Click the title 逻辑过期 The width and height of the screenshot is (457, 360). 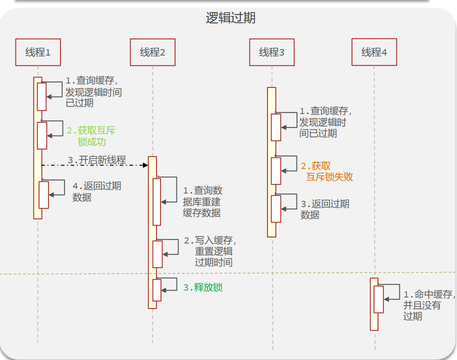click(x=230, y=18)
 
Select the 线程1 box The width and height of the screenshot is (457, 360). click(x=38, y=52)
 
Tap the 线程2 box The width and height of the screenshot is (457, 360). click(x=152, y=52)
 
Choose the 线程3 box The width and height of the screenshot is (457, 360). click(x=271, y=52)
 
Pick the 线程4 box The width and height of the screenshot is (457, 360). click(x=374, y=52)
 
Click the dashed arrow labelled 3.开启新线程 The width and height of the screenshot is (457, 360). click(x=95, y=164)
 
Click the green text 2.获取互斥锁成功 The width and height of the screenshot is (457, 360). click(x=91, y=136)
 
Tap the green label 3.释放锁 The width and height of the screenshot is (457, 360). click(x=202, y=287)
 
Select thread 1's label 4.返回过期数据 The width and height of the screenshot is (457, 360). click(x=96, y=191)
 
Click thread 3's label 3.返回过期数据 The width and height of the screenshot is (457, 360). click(x=324, y=209)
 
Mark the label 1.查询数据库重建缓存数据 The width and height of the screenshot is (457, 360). click(x=202, y=201)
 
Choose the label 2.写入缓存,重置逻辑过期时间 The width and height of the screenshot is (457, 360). click(x=209, y=251)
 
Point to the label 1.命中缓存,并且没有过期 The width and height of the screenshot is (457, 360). click(x=429, y=305)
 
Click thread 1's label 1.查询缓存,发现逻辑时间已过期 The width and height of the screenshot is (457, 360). click(x=93, y=92)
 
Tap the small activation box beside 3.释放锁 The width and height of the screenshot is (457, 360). click(x=157, y=290)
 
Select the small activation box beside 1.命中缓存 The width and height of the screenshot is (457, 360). click(x=378, y=299)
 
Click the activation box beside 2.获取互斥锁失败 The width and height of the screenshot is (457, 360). click(x=276, y=170)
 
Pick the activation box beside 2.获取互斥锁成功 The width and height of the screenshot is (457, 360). click(x=42, y=135)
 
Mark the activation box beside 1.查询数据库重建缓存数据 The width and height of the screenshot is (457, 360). click(x=156, y=201)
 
